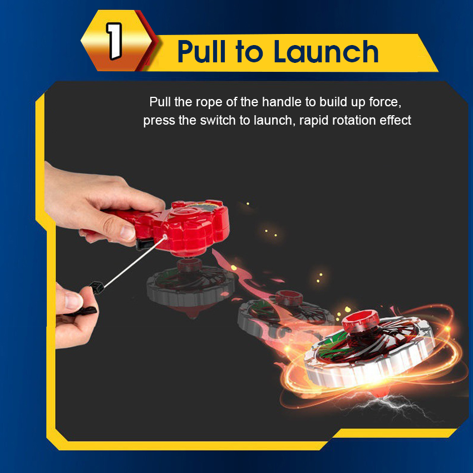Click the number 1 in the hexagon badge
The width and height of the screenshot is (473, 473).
(114, 41)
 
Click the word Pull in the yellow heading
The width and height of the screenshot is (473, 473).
(201, 52)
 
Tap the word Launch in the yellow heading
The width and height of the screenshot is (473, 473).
(326, 52)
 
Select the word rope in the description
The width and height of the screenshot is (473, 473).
(210, 102)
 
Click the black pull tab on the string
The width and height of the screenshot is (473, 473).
(97, 287)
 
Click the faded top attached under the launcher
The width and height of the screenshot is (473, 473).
(191, 287)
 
